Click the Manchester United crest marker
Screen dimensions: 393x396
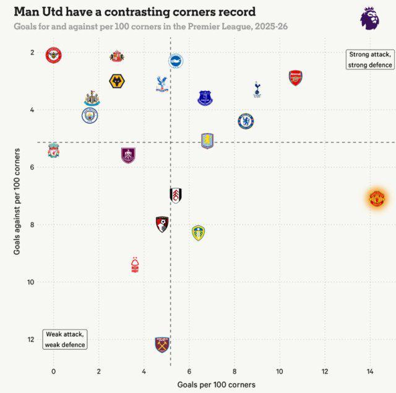click(x=376, y=199)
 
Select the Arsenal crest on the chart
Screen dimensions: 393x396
click(x=296, y=77)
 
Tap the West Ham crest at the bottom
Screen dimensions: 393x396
click(x=162, y=344)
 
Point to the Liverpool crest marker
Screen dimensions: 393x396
click(x=54, y=150)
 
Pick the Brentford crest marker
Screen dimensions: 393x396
click(x=54, y=56)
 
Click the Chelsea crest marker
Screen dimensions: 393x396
click(x=246, y=121)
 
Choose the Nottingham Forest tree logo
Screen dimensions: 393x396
click(x=136, y=265)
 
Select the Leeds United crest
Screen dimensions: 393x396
click(x=198, y=233)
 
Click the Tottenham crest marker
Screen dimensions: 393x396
click(x=257, y=90)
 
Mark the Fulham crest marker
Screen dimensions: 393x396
click(x=176, y=195)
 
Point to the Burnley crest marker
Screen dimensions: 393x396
click(x=128, y=155)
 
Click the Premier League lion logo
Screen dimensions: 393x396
click(x=369, y=17)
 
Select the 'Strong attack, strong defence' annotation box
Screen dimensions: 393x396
click(x=370, y=59)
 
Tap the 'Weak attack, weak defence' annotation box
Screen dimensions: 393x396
click(x=65, y=339)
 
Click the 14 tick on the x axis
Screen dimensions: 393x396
click(x=370, y=371)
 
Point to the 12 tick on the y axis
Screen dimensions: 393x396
click(x=31, y=339)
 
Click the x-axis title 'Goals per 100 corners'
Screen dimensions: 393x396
click(x=216, y=384)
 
